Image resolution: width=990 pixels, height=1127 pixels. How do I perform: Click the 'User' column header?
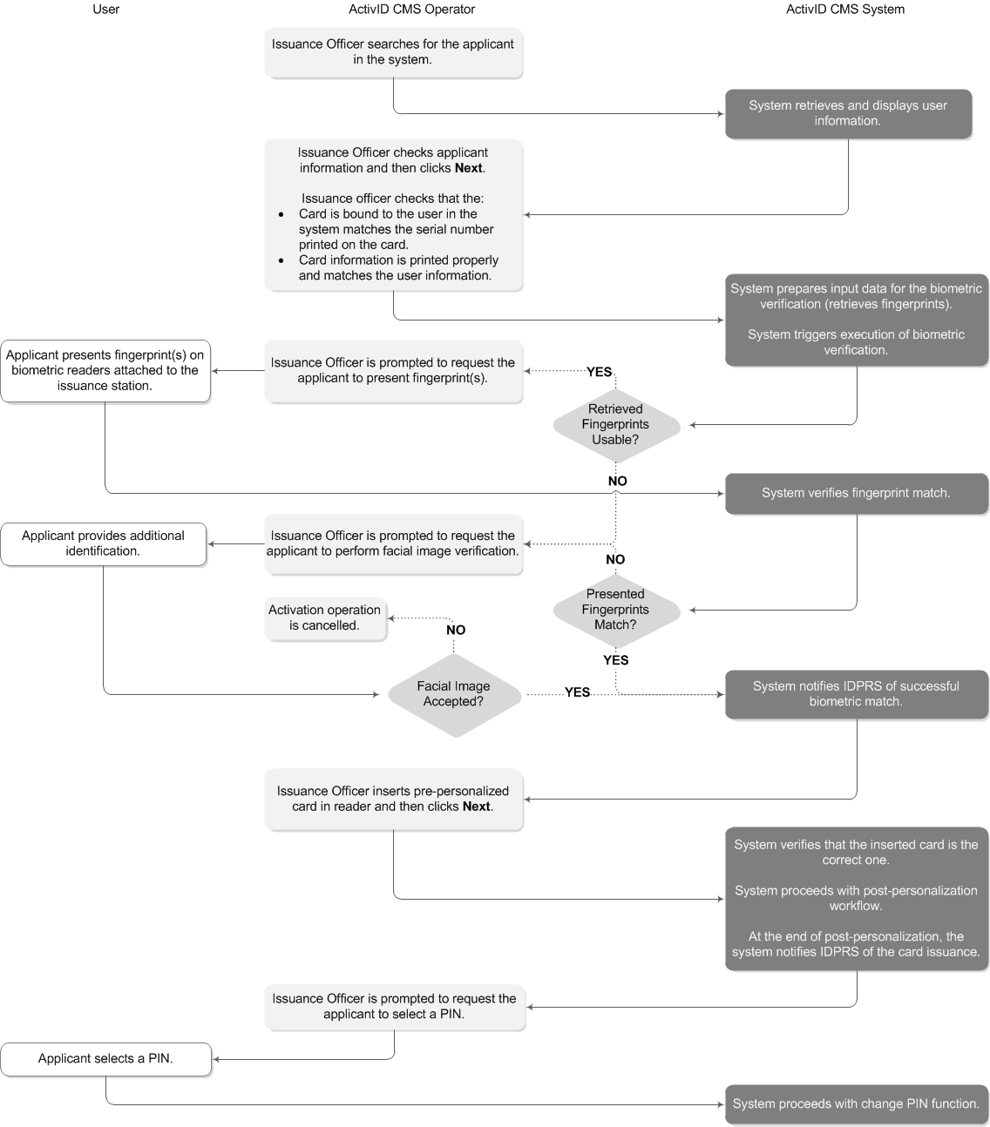pyautogui.click(x=105, y=10)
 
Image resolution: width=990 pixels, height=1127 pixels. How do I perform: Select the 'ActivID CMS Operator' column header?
pyautogui.click(x=406, y=10)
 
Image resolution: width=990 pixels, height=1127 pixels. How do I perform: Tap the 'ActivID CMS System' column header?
pyautogui.click(x=844, y=10)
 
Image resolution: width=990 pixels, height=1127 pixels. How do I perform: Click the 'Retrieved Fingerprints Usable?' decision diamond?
pyautogui.click(x=616, y=424)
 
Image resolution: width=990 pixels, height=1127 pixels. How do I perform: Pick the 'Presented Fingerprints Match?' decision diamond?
pyautogui.click(x=616, y=610)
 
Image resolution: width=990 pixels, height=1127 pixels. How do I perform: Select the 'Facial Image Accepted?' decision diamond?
pyautogui.click(x=453, y=694)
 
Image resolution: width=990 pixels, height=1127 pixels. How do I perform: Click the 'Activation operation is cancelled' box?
pyautogui.click(x=325, y=618)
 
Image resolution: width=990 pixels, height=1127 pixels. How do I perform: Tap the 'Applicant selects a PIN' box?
pyautogui.click(x=105, y=1059)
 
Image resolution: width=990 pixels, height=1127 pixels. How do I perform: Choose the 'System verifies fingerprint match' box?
pyautogui.click(x=856, y=493)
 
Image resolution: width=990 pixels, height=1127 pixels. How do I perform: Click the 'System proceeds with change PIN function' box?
pyautogui.click(x=856, y=1103)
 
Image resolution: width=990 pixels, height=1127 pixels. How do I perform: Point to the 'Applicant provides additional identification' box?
pyautogui.click(x=104, y=543)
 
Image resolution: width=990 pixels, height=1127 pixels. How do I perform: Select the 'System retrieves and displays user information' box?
pyautogui.click(x=848, y=113)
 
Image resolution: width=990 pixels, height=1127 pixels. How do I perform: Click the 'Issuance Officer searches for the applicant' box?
pyautogui.click(x=393, y=52)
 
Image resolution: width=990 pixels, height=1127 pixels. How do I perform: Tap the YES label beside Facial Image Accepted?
pyautogui.click(x=577, y=692)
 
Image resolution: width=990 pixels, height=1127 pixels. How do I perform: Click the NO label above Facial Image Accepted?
pyautogui.click(x=456, y=630)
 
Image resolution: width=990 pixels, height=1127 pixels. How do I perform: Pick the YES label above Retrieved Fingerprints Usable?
pyautogui.click(x=600, y=372)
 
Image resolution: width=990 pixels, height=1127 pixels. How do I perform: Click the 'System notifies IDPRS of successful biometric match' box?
pyautogui.click(x=856, y=694)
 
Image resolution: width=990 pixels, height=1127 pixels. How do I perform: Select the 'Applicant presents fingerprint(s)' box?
pyautogui.click(x=105, y=370)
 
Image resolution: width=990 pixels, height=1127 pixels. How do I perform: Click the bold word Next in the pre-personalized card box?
pyautogui.click(x=476, y=806)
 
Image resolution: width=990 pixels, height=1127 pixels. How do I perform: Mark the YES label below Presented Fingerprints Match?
pyautogui.click(x=616, y=660)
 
